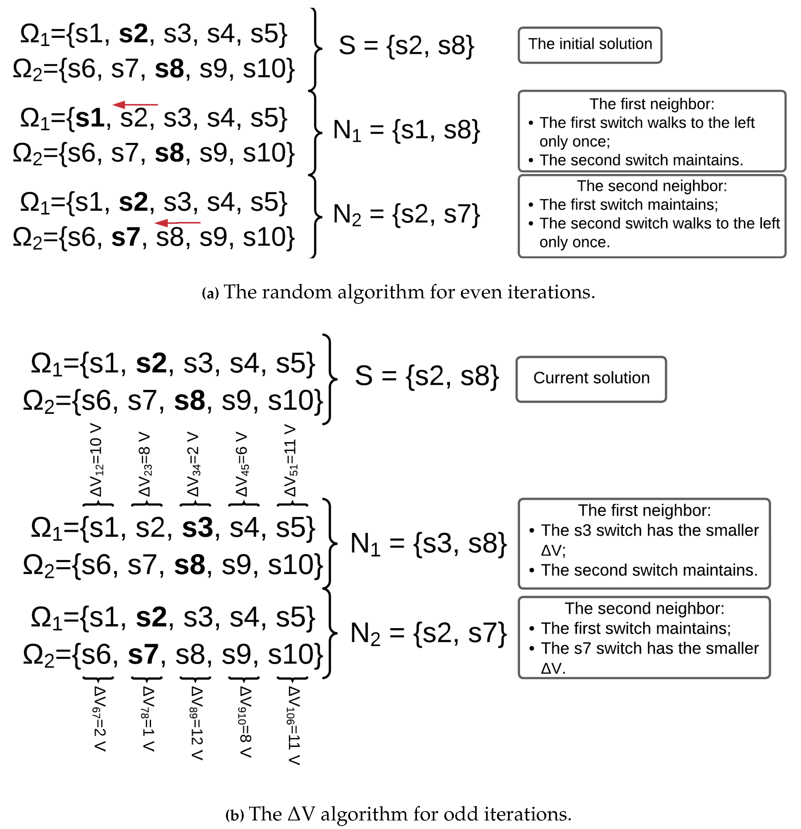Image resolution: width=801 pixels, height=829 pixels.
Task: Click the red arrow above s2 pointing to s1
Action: pyautogui.click(x=135, y=104)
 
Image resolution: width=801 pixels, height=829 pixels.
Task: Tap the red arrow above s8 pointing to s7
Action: pyautogui.click(x=178, y=223)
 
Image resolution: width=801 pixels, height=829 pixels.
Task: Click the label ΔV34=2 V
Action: pyautogui.click(x=194, y=464)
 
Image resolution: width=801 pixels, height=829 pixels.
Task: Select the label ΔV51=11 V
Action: pyautogui.click(x=291, y=460)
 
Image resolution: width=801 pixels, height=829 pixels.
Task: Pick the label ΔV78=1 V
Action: pyautogui.click(x=148, y=719)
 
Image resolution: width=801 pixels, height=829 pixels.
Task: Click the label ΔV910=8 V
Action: pyautogui.click(x=245, y=722)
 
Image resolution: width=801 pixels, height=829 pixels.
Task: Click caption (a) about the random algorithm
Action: pyautogui.click(x=398, y=292)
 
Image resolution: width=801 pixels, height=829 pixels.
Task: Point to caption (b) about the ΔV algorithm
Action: pyautogui.click(x=398, y=814)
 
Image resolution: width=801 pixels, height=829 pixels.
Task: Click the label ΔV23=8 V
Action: pyautogui.click(x=145, y=464)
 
